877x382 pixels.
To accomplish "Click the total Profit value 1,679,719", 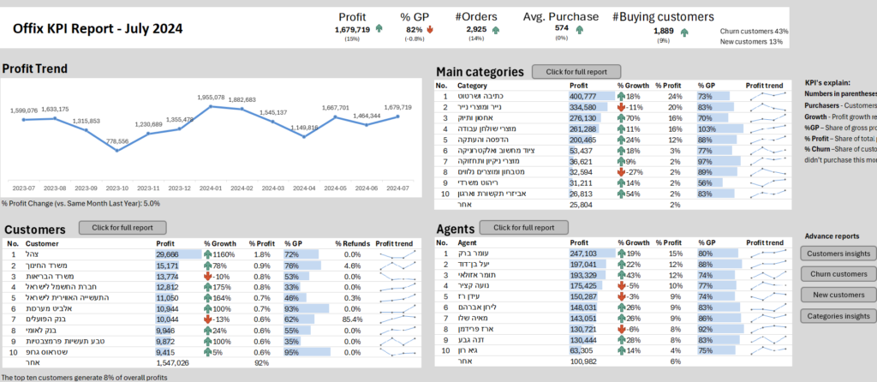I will point(352,29).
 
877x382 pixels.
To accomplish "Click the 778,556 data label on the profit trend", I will point(117,140).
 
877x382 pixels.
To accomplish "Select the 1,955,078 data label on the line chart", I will point(211,98).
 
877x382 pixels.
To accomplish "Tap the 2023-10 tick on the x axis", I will point(117,188).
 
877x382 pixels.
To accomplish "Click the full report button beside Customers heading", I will point(116,228).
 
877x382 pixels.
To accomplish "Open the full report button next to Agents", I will point(517,228).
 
